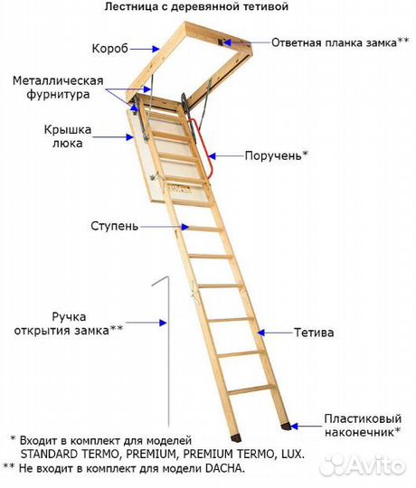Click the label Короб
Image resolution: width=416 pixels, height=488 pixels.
110,49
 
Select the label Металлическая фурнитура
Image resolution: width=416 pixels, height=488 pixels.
58,88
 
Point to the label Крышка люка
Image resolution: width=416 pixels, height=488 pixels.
68,136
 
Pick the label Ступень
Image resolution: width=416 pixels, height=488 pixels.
114,226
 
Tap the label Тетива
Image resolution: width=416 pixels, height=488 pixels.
314,333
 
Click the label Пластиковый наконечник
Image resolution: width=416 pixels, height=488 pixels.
363,425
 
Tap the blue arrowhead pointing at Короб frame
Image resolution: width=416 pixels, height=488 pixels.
156,49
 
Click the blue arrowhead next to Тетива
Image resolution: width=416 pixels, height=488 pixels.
261,333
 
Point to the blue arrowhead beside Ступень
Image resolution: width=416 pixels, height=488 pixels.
185,227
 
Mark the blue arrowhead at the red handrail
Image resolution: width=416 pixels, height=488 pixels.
212,156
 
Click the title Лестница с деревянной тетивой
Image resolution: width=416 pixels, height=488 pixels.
196,6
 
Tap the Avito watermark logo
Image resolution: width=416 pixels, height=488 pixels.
364,466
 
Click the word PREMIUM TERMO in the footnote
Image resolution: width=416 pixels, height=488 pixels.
228,454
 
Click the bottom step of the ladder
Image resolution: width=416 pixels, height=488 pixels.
251,390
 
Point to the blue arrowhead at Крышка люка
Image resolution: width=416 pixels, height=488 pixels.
129,137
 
